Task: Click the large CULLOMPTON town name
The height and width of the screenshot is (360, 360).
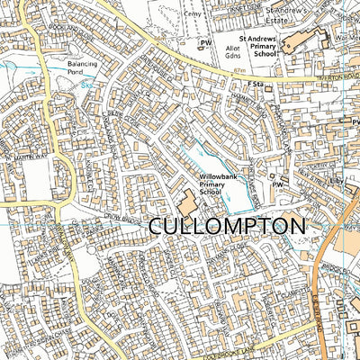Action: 224,226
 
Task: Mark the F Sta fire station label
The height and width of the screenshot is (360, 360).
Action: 262,85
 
